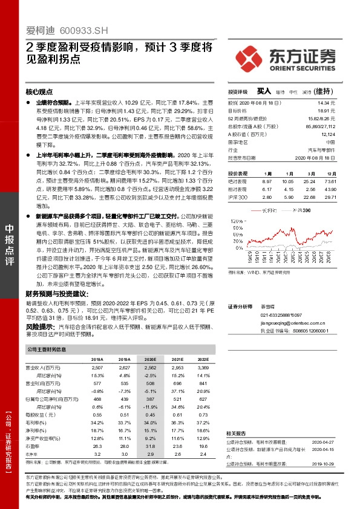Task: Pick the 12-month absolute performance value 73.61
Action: pyautogui.click(x=330, y=181)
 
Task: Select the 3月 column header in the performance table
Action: pyautogui.click(x=309, y=172)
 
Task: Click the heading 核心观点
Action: pyautogui.click(x=39, y=92)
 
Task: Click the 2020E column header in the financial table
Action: pyautogui.click(x=150, y=358)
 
